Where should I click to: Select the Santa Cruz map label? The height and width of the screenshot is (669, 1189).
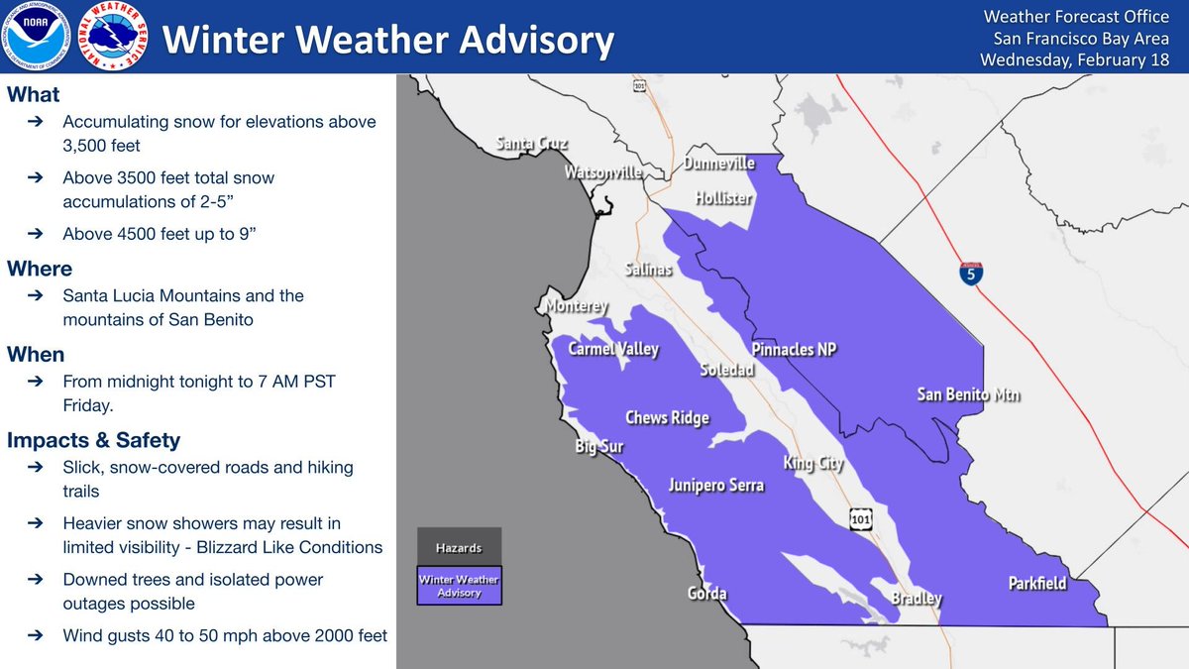(532, 145)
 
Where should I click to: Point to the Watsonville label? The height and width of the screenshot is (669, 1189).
(603, 172)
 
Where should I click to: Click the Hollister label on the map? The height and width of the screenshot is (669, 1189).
(723, 198)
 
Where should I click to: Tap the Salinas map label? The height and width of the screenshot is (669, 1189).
(649, 270)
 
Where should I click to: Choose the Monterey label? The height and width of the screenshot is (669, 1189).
(577, 307)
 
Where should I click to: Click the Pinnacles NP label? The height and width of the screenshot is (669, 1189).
(796, 350)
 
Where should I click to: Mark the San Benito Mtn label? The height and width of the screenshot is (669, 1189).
(968, 395)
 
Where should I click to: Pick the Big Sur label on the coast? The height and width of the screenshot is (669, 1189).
(599, 447)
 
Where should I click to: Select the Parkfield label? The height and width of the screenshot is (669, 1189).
(1037, 583)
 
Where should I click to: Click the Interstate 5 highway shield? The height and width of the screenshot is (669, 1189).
(972, 273)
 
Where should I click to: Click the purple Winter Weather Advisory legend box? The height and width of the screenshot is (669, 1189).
(459, 585)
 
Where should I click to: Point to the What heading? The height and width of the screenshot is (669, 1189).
(34, 95)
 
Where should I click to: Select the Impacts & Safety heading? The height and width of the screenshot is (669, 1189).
(93, 440)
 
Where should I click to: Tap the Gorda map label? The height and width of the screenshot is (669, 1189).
(706, 594)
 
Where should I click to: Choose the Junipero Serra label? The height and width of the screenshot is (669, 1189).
(715, 486)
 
